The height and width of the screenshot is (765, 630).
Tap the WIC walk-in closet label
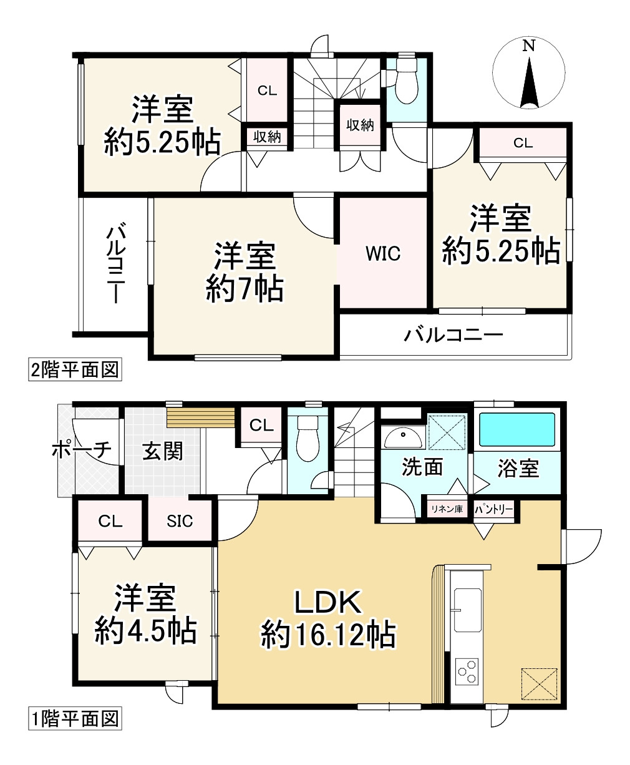pyautogui.click(x=382, y=253)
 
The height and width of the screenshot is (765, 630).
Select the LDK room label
pyautogui.click(x=328, y=603)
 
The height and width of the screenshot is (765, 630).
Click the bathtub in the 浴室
pyautogui.click(x=516, y=431)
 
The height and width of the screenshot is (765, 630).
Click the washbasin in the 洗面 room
pyautogui.click(x=403, y=438)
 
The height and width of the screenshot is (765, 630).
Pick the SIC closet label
pyautogui.click(x=180, y=521)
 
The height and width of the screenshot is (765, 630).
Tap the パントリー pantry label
pyautogui.click(x=494, y=509)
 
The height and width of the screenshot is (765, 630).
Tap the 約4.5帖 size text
pyautogui.click(x=145, y=631)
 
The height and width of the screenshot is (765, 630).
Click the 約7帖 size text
pyautogui.click(x=245, y=289)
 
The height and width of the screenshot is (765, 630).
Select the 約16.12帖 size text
pyautogui.click(x=327, y=635)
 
